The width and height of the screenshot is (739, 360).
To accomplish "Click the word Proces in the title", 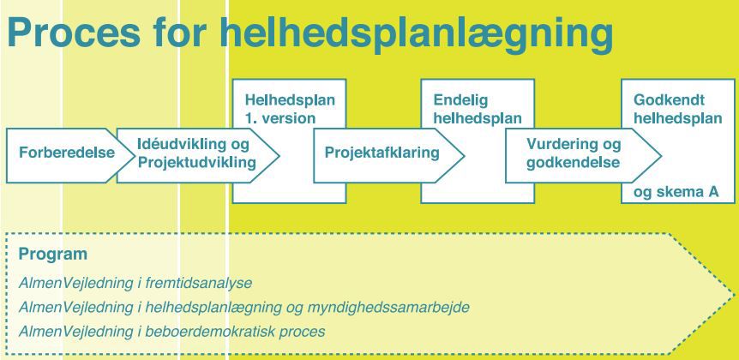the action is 74,33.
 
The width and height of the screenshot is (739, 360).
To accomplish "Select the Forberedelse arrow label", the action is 67,153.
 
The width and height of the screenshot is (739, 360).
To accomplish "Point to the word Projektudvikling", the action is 196,163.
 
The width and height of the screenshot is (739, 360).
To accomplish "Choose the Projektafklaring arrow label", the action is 382,153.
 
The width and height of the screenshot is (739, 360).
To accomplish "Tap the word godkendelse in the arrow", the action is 573,163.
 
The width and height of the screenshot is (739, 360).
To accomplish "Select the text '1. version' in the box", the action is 280,117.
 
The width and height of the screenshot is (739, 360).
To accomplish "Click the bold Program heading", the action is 53,255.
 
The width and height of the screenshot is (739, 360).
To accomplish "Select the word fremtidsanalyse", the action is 199,283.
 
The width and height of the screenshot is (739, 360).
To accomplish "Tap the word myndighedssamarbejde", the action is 388,308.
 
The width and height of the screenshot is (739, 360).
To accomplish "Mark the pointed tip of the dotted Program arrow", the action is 735,295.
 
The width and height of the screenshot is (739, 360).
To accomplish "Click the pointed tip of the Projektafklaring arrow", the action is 465,155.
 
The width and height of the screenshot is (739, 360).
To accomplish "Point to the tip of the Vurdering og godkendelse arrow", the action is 661,155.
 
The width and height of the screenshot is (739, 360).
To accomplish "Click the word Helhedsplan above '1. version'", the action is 290,100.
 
